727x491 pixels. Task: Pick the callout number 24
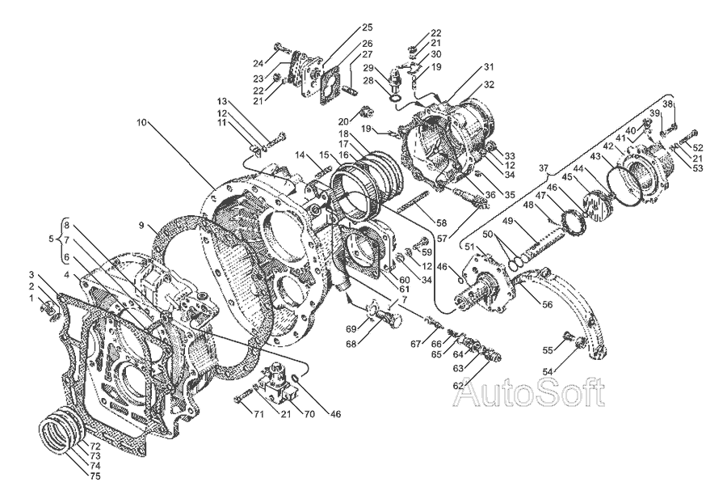click(258, 62)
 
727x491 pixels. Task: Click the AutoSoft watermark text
click(530, 394)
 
